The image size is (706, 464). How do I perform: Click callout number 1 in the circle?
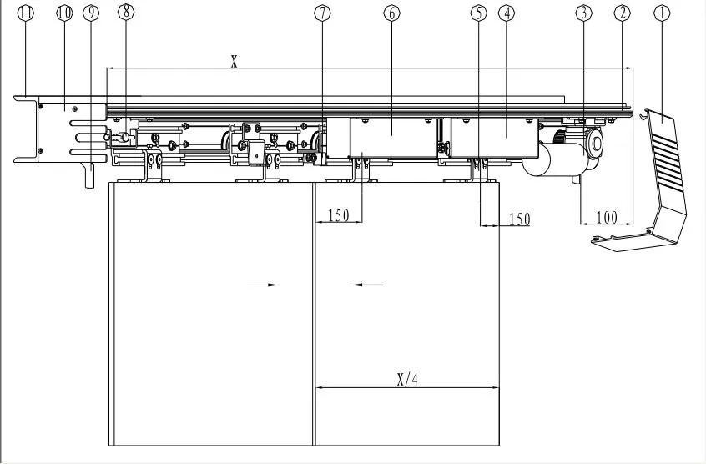(x=663, y=13)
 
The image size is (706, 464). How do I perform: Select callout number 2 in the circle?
(x=621, y=13)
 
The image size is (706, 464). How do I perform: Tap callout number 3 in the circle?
(x=583, y=13)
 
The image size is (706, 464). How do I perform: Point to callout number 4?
(x=506, y=13)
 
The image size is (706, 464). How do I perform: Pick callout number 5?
(x=477, y=13)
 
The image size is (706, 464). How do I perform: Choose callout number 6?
(x=391, y=13)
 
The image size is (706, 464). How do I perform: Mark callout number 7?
(x=323, y=13)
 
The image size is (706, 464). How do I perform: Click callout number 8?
(x=125, y=13)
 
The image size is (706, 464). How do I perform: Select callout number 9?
(x=90, y=13)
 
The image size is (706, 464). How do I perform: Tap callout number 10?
(x=64, y=13)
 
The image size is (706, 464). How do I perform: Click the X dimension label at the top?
(x=234, y=61)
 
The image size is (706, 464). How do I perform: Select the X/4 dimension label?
(x=407, y=379)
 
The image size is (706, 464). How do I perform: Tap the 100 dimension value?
(x=607, y=218)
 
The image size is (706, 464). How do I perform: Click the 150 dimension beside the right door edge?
(x=519, y=219)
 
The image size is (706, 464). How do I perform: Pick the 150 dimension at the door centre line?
(x=338, y=215)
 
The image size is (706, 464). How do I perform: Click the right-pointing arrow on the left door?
(x=262, y=285)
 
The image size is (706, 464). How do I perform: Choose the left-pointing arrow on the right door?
(x=367, y=285)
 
